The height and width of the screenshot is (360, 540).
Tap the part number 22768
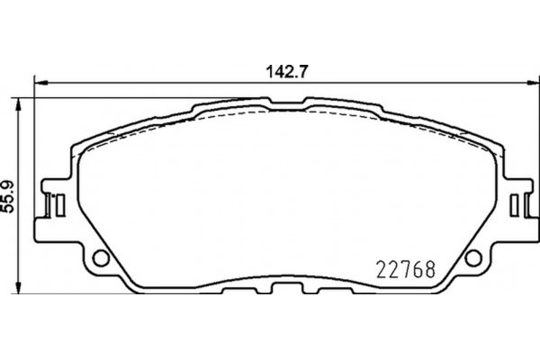tap(404, 268)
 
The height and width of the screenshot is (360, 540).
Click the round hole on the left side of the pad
tap(101, 260)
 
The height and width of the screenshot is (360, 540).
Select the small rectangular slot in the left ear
tap(54, 205)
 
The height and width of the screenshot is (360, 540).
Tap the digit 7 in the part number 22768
tap(404, 268)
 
